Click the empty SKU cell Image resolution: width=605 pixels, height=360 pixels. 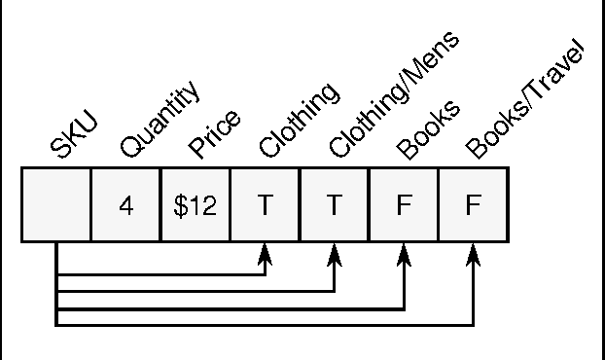(x=56, y=204)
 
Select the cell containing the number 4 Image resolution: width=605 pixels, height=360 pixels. (x=125, y=205)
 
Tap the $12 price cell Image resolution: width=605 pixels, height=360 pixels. (x=196, y=205)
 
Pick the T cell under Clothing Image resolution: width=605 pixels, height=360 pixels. (x=265, y=205)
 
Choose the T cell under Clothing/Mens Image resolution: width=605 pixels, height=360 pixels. (x=335, y=205)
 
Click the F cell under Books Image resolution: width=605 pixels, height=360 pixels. (x=404, y=205)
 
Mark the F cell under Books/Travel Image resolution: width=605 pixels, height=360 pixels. (x=474, y=205)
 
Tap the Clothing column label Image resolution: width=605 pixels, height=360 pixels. (x=298, y=121)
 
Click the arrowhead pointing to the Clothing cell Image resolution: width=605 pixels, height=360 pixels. (x=265, y=252)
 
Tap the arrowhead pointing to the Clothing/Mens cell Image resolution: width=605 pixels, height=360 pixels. (x=335, y=252)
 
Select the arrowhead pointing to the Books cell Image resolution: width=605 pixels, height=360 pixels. (x=404, y=252)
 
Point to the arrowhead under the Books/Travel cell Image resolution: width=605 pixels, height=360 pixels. (x=474, y=252)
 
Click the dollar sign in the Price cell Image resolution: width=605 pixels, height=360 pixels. (x=180, y=205)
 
